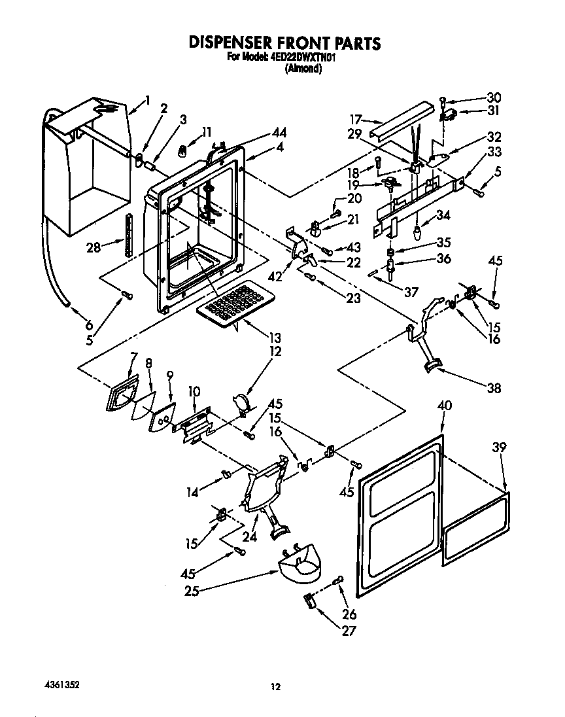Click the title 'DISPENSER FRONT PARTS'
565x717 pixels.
click(284, 43)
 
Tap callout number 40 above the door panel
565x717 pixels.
click(444, 406)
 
